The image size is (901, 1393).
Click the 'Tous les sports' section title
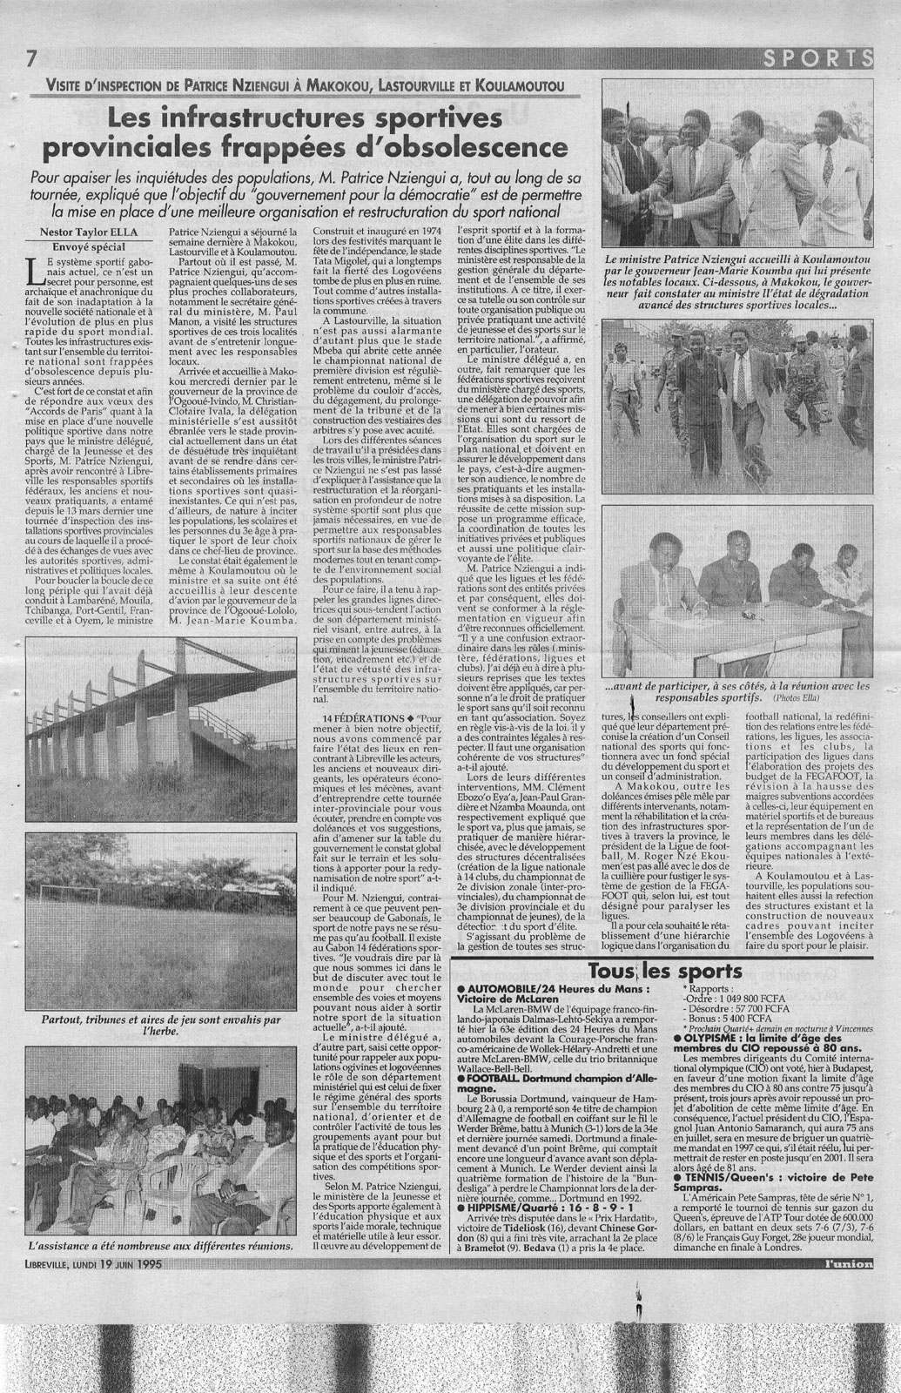coord(665,972)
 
